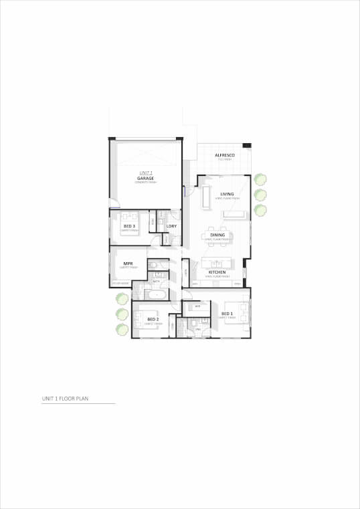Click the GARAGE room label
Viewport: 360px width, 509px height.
[146, 179]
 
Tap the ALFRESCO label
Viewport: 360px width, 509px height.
[223, 155]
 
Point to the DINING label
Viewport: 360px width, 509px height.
[217, 235]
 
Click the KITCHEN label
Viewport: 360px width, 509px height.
[216, 273]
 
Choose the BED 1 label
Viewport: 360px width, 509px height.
[227, 314]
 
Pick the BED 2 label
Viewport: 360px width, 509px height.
[153, 319]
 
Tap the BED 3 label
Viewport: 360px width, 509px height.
[129, 226]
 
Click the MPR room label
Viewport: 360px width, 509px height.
[128, 264]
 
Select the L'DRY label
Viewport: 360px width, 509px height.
[171, 226]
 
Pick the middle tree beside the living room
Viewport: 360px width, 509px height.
[260, 195]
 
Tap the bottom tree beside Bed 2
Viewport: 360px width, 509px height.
[122, 328]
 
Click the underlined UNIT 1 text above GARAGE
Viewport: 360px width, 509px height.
[146, 173]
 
